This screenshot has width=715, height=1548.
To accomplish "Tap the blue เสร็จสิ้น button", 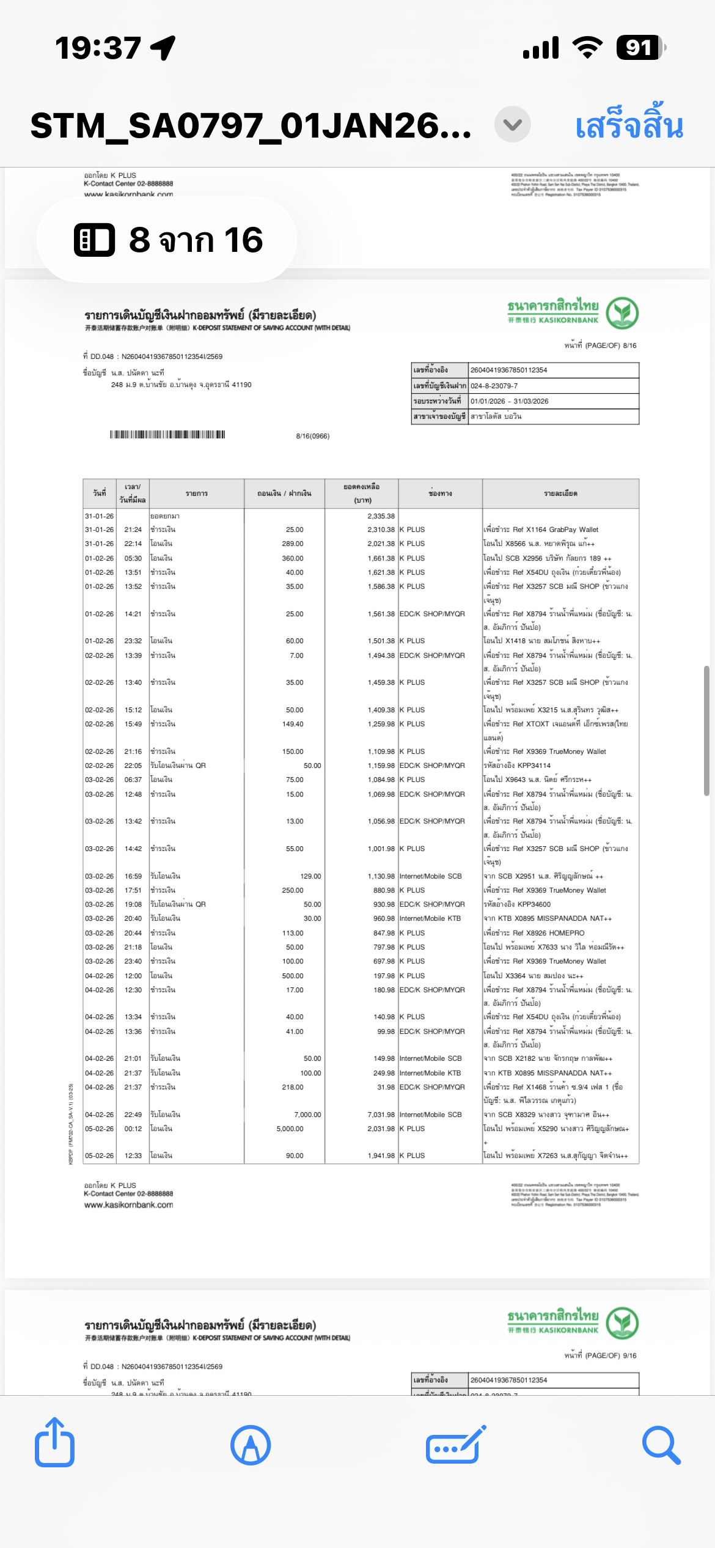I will [x=629, y=125].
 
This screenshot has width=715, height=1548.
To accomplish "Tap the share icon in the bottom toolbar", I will [x=55, y=1444].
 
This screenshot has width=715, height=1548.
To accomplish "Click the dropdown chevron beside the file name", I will [x=512, y=125].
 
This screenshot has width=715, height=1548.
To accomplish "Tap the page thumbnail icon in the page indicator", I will [x=94, y=240].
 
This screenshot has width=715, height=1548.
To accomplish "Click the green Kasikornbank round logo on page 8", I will [x=622, y=312].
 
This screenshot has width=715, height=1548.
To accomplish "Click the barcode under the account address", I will [x=167, y=435].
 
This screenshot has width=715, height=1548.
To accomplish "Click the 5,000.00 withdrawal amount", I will [x=290, y=1129].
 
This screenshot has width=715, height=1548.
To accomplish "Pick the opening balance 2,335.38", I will [x=381, y=516].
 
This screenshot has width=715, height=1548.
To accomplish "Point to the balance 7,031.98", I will [x=381, y=1115].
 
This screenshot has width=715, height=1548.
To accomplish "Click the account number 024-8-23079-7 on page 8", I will [x=494, y=386].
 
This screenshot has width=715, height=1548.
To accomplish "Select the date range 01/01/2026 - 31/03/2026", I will [x=509, y=401].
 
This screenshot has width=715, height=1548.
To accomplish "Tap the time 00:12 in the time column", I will [x=133, y=1129].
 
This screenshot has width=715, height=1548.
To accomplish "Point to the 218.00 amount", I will [x=293, y=1087].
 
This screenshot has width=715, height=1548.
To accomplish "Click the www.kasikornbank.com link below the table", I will [x=129, y=1205].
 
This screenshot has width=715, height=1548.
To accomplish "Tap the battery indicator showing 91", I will [x=639, y=48].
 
